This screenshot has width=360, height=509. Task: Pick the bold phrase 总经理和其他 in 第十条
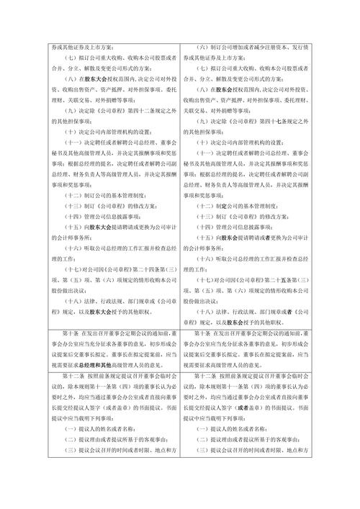point(131,364)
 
